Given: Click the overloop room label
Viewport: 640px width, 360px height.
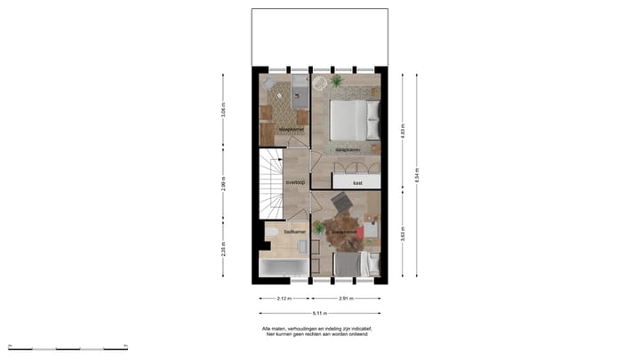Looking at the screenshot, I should coord(295,182).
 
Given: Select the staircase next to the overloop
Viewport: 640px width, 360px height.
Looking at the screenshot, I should coord(270,184).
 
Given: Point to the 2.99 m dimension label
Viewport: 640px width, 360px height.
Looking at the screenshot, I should coord(224,184).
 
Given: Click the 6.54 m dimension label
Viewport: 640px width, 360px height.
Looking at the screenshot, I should coord(418,173).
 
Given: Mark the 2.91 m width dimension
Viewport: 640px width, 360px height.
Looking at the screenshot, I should coord(347,299).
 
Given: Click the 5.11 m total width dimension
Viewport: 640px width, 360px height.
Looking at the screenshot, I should coord(320,313).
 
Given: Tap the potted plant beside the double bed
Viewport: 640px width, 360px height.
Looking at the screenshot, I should coord(336,81).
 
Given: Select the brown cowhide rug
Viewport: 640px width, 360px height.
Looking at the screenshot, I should coord(341,233).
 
